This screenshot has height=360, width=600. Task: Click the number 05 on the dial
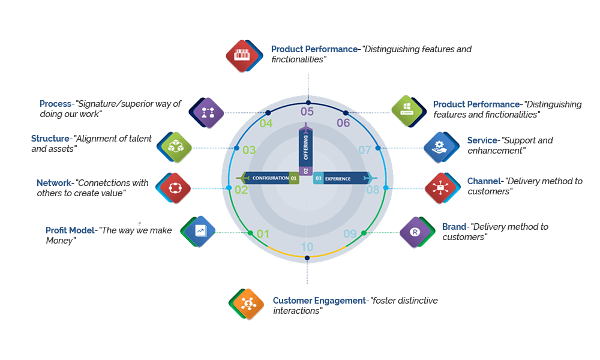point(307,111)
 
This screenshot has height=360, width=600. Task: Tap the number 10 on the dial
point(307,247)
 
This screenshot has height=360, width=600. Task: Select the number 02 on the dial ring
point(241,190)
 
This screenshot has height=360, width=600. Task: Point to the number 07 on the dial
point(365,149)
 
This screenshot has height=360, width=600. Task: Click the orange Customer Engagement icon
point(246,304)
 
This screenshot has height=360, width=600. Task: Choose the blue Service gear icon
point(440,145)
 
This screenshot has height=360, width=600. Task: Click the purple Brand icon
point(415,232)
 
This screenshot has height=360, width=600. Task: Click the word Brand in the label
point(454,227)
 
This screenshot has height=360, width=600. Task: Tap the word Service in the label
point(482,140)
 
